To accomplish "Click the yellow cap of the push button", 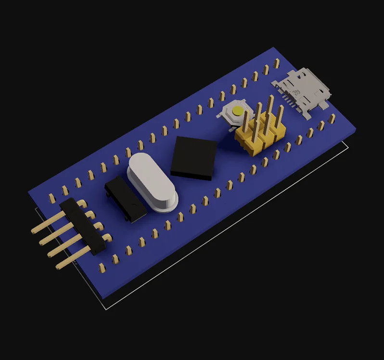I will click(237, 111).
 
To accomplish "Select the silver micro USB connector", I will click(302, 91).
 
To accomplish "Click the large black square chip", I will click(194, 157).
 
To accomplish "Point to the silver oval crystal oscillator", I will click(153, 181).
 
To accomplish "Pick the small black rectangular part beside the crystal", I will click(126, 198).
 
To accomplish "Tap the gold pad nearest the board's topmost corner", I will click(277, 63).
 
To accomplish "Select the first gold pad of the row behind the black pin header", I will click(51, 197).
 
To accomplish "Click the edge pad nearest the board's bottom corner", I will click(102, 268).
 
